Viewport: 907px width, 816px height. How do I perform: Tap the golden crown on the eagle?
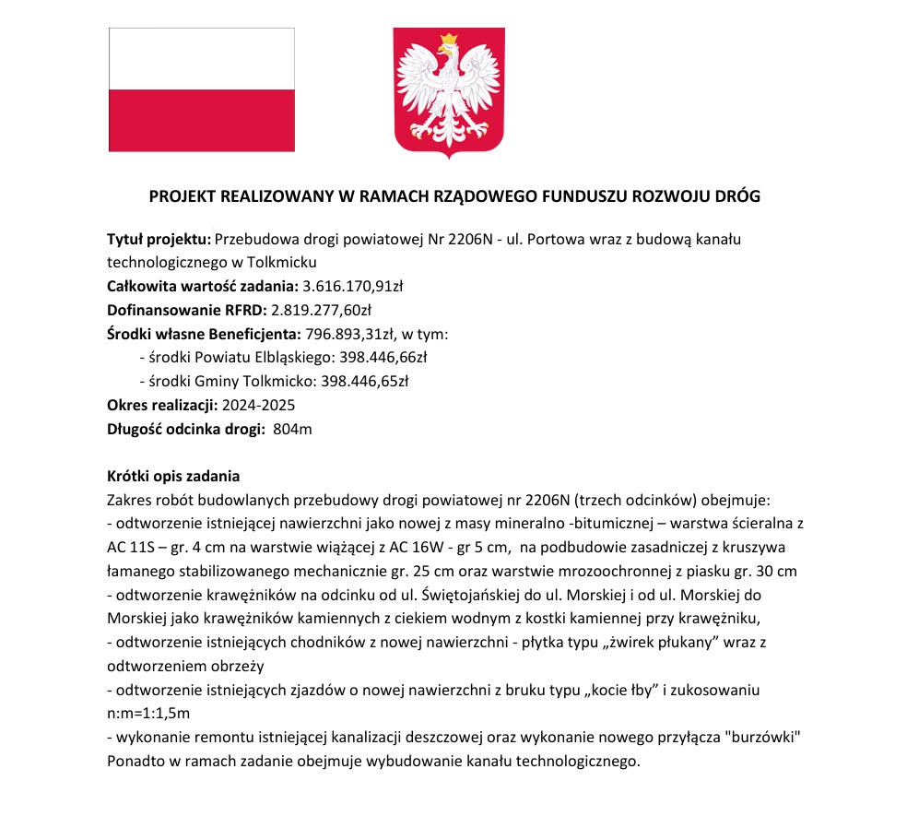click(450, 40)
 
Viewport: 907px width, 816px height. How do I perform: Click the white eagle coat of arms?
click(450, 92)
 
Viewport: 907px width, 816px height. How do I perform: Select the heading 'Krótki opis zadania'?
click(173, 477)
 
